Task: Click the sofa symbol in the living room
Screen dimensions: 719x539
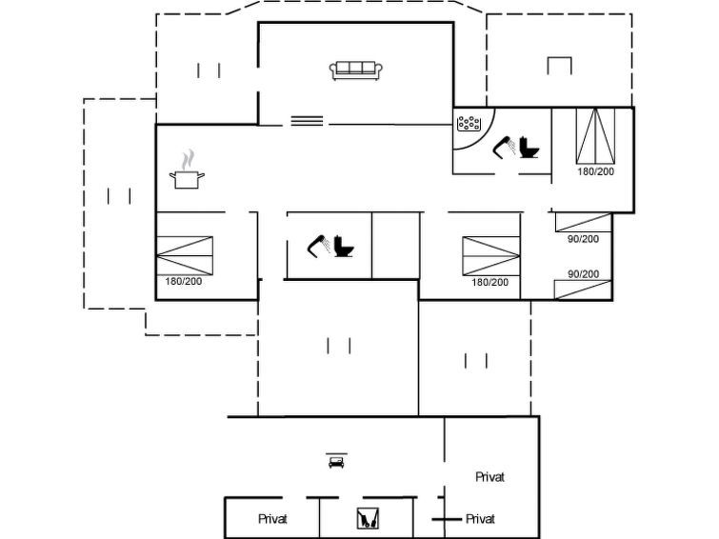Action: tap(356, 70)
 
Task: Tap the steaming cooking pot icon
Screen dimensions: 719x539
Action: tap(187, 170)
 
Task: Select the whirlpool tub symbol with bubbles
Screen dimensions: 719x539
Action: tap(469, 124)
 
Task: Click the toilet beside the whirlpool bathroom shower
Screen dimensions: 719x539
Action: tap(529, 148)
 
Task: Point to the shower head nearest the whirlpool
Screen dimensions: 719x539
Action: tap(504, 147)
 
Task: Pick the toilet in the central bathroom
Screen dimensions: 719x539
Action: tap(344, 246)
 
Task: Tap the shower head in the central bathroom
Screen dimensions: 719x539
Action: tap(319, 247)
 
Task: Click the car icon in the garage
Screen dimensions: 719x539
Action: tap(336, 461)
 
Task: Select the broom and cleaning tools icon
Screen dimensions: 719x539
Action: tap(368, 518)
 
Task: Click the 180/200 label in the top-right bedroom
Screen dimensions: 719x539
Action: tap(595, 171)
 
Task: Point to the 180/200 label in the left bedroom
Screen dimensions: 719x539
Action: tap(184, 281)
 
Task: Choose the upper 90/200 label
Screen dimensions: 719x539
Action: tap(583, 239)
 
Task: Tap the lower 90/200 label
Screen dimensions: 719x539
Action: tap(583, 274)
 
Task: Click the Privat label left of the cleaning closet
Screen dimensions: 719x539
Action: tap(272, 519)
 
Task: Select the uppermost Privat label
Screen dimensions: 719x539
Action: tap(489, 477)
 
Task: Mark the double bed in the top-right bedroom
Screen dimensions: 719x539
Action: tap(595, 136)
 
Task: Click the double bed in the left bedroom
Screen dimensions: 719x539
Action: tap(185, 255)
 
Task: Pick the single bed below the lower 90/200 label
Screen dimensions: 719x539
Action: tap(583, 289)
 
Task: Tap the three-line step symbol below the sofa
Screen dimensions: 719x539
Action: tap(307, 121)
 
